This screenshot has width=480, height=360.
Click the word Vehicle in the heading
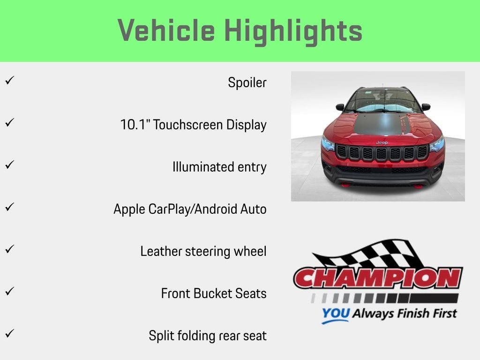click(x=166, y=30)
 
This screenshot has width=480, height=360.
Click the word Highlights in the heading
click(x=293, y=32)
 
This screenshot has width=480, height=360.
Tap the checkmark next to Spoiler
click(x=10, y=80)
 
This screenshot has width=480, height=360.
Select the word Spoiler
click(x=247, y=82)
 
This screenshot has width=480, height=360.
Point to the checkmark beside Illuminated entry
click(x=10, y=165)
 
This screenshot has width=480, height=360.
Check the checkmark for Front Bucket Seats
click(x=10, y=291)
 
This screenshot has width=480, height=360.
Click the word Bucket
click(x=213, y=293)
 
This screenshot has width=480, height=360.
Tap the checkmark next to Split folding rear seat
click(x=10, y=333)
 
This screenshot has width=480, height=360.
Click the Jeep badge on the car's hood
click(x=382, y=142)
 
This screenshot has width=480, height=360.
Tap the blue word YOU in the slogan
click(x=336, y=313)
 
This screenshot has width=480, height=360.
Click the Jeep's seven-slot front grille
click(x=382, y=152)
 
